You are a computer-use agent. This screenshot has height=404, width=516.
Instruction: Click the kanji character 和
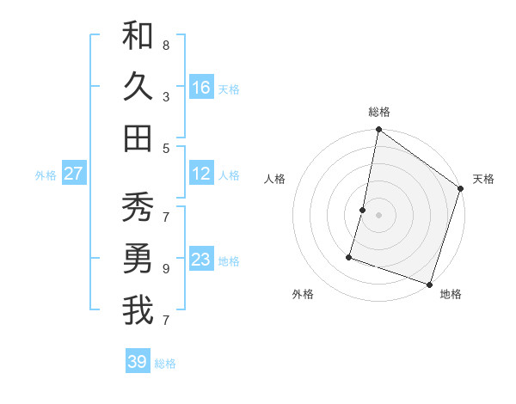pos(138,36)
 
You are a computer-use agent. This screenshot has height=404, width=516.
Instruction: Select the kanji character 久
pos(138,87)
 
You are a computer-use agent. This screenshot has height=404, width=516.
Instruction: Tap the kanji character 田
pos(138,138)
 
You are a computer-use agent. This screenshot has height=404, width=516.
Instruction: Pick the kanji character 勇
pos(138,259)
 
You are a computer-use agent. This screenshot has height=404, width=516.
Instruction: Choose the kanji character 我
pos(138,310)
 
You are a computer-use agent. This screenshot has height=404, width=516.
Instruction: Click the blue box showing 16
pos(201,88)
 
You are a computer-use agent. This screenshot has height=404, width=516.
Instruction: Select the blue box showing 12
pos(201,174)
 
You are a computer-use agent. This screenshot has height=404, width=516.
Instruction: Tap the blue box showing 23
pos(201,260)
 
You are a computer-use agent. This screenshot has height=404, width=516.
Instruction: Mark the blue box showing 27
pos(74,174)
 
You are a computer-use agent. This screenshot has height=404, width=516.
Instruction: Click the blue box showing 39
pos(138,362)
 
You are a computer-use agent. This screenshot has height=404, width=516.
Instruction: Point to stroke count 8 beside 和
pos(166,45)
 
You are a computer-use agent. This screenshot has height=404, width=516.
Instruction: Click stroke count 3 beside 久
pos(166,97)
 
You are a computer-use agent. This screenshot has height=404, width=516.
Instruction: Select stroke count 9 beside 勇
pos(166,268)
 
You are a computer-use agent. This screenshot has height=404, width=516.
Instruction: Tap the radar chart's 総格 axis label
pos(379,113)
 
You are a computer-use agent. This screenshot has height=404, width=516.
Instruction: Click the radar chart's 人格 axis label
pos(274,179)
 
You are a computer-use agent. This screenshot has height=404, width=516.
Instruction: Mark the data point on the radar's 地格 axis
pos(429,284)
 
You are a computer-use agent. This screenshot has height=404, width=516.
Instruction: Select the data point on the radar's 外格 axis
pos(350,256)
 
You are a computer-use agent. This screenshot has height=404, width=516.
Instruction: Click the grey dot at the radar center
pos(379,215)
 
